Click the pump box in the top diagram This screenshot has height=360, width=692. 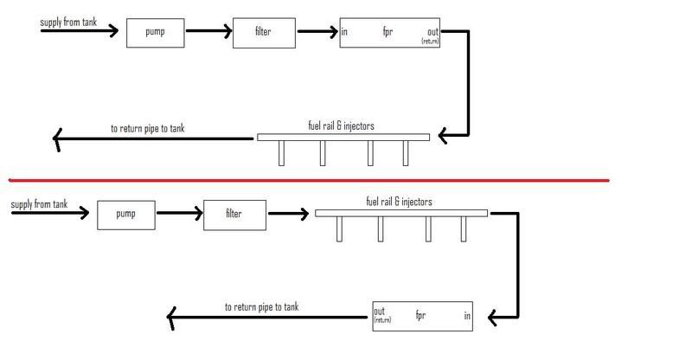pyautogui.click(x=157, y=33)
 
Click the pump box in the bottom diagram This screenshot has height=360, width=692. pyautogui.click(x=126, y=214)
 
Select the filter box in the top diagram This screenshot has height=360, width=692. pyautogui.click(x=264, y=33)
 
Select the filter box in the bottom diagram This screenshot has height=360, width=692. pyautogui.click(x=234, y=213)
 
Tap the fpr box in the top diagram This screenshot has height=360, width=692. pyautogui.click(x=389, y=32)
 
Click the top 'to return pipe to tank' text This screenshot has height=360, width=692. pyautogui.click(x=148, y=129)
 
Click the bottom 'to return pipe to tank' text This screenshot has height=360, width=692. pyautogui.click(x=262, y=306)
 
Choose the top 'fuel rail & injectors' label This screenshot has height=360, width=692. pyautogui.click(x=342, y=125)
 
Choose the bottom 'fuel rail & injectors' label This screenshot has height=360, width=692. pyautogui.click(x=400, y=202)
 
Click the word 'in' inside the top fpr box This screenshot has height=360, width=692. pyautogui.click(x=345, y=32)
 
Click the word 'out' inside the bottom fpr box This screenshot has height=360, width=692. pyautogui.click(x=379, y=311)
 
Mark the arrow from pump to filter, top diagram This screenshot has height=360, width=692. pyautogui.click(x=208, y=33)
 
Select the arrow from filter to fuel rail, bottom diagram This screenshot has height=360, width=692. pyautogui.click(x=289, y=213)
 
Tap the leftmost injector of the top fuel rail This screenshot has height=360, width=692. pyautogui.click(x=281, y=152)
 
